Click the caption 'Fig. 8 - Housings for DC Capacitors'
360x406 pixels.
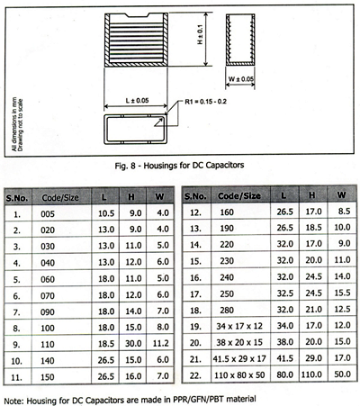[180, 166]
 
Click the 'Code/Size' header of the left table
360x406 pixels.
[61, 194]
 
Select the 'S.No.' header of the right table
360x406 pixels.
[197, 194]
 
